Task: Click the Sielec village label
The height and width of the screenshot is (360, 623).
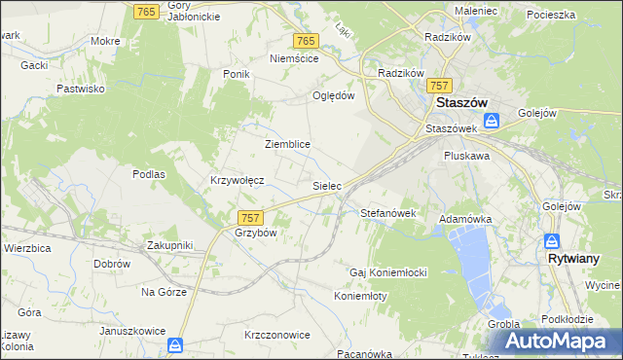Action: click(326, 185)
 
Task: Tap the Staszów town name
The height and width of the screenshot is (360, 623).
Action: click(461, 103)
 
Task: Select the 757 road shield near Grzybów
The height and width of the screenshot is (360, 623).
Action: click(250, 219)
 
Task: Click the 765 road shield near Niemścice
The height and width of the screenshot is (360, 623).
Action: click(306, 40)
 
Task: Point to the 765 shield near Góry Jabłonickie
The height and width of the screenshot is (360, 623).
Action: click(147, 10)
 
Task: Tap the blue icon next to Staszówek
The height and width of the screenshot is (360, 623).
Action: click(493, 121)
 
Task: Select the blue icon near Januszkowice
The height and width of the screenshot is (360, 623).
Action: click(175, 344)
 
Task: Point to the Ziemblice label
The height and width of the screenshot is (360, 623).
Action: click(287, 144)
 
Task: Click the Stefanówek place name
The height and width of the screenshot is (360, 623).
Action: click(388, 212)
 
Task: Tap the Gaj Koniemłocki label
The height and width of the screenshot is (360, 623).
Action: click(389, 270)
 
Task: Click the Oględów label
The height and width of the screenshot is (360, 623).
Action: click(333, 95)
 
